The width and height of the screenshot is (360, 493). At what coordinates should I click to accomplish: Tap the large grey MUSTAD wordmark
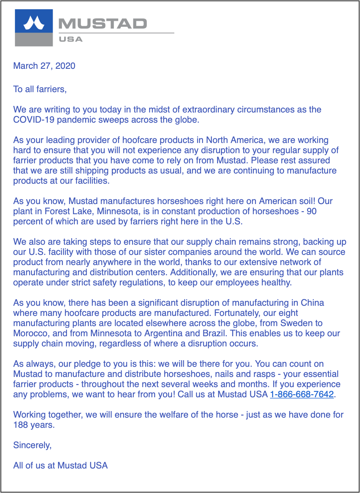pyautogui.click(x=103, y=24)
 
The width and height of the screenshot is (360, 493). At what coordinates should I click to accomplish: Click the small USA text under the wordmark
pyautogui.click(x=71, y=39)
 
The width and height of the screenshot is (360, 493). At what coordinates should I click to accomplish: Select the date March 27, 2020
pyautogui.click(x=44, y=66)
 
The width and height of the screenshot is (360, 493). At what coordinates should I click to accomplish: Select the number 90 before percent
pyautogui.click(x=312, y=211)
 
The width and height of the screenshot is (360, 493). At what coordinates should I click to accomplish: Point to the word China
pyautogui.click(x=312, y=303)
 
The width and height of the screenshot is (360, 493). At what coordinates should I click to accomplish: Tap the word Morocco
pyautogui.click(x=30, y=333)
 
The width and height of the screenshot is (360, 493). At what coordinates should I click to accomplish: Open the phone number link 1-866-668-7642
pyautogui.click(x=302, y=394)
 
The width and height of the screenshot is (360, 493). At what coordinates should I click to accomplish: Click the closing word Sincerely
pyautogui.click(x=32, y=445)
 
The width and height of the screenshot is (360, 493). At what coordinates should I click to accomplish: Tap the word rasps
pyautogui.click(x=264, y=374)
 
